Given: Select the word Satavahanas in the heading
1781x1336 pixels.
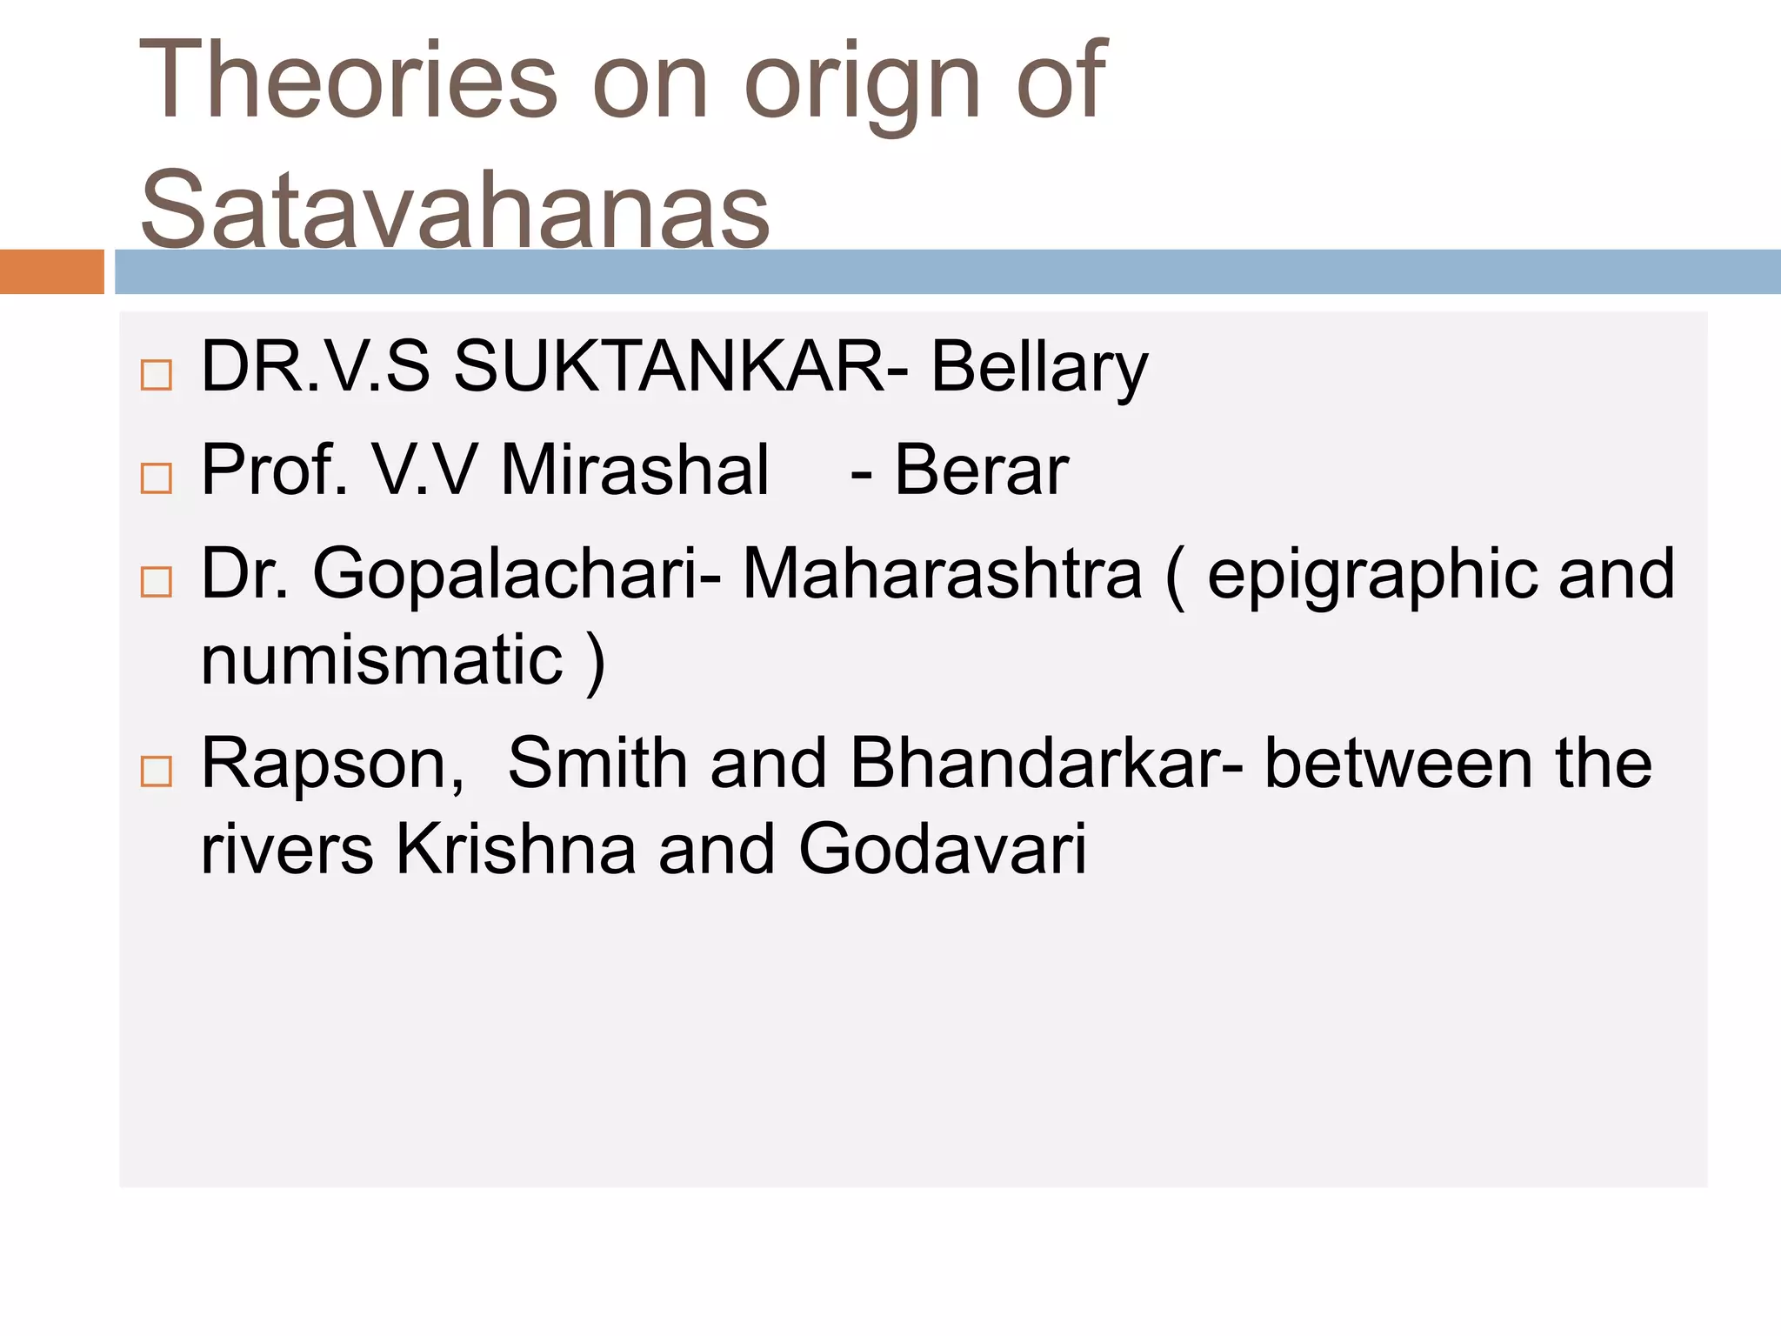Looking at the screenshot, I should coord(455,210).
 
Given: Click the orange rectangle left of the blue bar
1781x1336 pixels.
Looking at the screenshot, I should coord(51,271).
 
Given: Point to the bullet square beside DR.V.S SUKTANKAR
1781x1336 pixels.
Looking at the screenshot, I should coord(157,375).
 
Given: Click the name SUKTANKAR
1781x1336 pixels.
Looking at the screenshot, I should coord(670,367).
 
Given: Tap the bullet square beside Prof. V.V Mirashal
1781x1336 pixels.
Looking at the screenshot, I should coord(157,478).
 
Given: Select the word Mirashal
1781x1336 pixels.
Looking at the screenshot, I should coord(635,470).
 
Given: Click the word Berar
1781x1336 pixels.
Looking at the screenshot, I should coord(981,471).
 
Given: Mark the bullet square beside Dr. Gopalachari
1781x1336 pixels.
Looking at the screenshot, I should coord(157,581).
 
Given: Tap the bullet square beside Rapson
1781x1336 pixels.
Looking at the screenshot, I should coord(157,771).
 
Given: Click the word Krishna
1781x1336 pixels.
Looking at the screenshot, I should coord(516,849).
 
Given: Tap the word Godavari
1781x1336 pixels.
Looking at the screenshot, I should coord(942,849).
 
